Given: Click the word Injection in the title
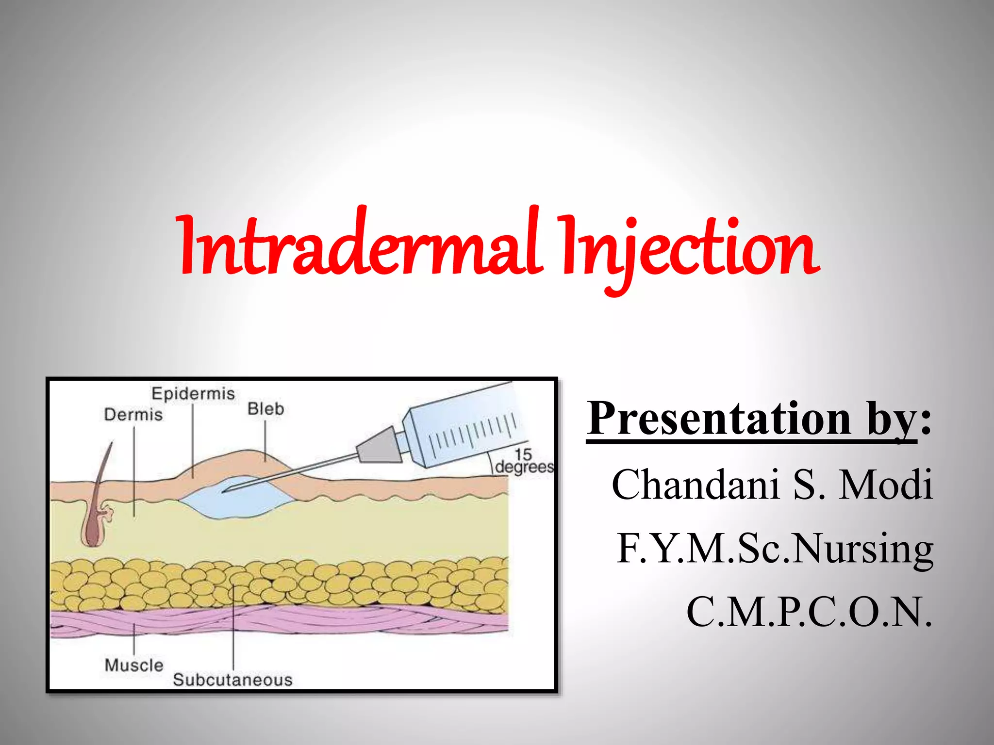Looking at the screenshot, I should tap(689, 250).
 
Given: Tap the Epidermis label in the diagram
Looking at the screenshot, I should tap(193, 393).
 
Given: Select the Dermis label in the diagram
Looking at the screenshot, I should tap(133, 415).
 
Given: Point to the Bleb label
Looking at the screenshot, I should tap(265, 409).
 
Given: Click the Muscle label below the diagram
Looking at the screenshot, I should tap(134, 665).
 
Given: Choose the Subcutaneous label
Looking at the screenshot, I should tap(232, 680).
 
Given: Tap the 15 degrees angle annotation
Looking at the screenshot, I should tap(524, 461).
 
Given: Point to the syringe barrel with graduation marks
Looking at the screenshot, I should tap(466, 427).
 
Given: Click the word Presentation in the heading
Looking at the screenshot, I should tap(718, 418).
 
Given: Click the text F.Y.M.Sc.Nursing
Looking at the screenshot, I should tap(775, 548).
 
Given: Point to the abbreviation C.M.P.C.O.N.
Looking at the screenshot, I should tap(809, 612).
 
